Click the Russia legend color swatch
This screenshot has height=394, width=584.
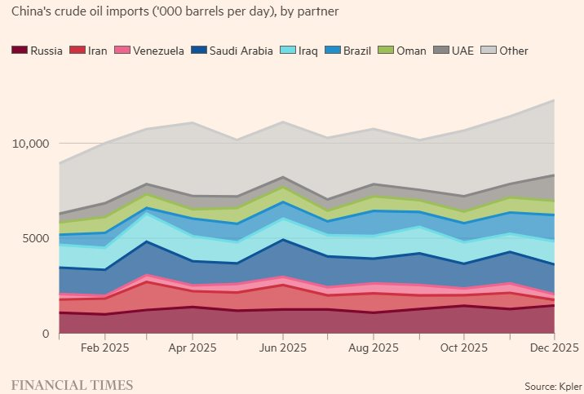point(20,51)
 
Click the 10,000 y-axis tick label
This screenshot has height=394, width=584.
point(32,144)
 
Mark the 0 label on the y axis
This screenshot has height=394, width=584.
point(47,334)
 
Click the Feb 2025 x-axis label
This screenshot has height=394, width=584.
point(104,348)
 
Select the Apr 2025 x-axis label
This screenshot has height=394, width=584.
point(192,348)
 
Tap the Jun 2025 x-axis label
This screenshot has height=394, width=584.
point(282,348)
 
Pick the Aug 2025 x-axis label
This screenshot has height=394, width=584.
point(374,348)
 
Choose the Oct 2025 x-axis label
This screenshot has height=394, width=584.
point(464,348)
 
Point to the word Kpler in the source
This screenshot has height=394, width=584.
point(569,384)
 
